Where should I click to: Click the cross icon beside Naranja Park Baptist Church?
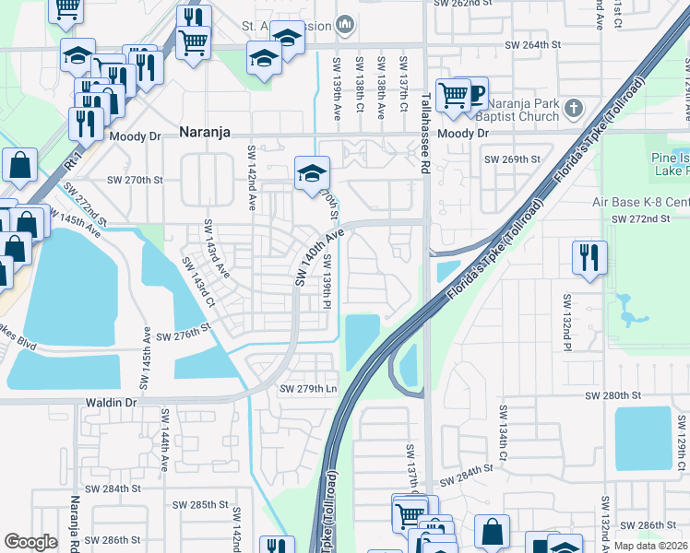pyautogui.click(x=573, y=109)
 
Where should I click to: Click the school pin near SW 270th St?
pyautogui.click(x=312, y=171)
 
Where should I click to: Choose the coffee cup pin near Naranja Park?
pyautogui.click(x=474, y=93)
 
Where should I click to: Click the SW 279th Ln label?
pyautogui.click(x=309, y=389)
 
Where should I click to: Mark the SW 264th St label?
pyautogui.click(x=532, y=44)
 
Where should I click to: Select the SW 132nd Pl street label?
pyautogui.click(x=565, y=324)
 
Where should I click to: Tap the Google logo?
pyautogui.click(x=31, y=542)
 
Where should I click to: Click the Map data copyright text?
pyautogui.click(x=650, y=546)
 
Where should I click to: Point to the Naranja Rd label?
pyautogui.click(x=75, y=521)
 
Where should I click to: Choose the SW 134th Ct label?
pyautogui.click(x=503, y=431)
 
